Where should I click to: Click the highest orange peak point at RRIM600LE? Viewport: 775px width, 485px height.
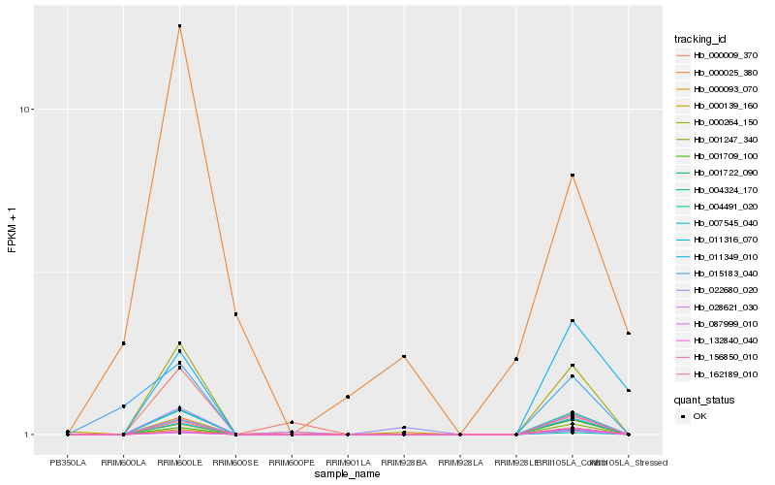(x=179, y=26)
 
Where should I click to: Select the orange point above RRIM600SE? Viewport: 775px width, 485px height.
(x=235, y=314)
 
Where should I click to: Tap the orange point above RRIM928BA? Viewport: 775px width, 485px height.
(x=404, y=357)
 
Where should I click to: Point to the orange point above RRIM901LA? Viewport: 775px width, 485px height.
(x=348, y=397)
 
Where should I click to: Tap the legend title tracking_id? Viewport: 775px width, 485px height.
(x=700, y=39)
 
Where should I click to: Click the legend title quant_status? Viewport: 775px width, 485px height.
(x=704, y=399)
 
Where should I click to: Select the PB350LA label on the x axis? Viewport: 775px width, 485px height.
(x=68, y=463)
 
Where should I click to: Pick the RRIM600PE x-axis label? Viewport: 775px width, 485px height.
(x=292, y=463)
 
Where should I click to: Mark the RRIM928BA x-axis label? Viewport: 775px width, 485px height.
(x=404, y=463)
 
